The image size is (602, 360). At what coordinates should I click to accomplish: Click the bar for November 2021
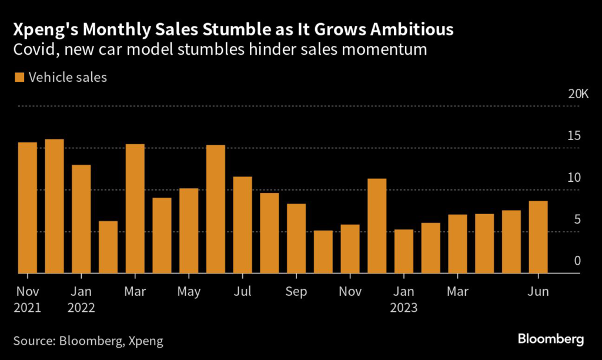(x=28, y=208)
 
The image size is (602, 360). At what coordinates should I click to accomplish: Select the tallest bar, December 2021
(x=55, y=206)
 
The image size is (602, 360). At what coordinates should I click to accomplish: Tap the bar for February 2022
(x=108, y=247)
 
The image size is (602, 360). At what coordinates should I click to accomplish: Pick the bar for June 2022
(x=216, y=209)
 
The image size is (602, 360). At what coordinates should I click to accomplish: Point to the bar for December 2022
(x=377, y=226)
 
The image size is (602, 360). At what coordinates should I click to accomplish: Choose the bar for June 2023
(x=539, y=237)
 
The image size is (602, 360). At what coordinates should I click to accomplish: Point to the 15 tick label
(x=573, y=136)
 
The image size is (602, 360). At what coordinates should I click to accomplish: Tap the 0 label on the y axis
(x=577, y=261)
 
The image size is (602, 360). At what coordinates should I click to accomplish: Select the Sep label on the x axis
(x=296, y=292)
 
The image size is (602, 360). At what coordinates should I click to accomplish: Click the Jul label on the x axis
(x=242, y=292)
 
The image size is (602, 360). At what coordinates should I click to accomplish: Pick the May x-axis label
(x=189, y=292)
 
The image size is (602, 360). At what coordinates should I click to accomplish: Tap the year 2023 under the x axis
(x=403, y=308)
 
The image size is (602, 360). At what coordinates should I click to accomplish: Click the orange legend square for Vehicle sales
(x=19, y=77)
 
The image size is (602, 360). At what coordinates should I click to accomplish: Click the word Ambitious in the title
(x=405, y=29)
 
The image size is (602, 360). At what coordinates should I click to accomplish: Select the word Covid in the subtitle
(x=32, y=50)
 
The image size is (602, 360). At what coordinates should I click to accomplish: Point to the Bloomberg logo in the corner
(x=550, y=339)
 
